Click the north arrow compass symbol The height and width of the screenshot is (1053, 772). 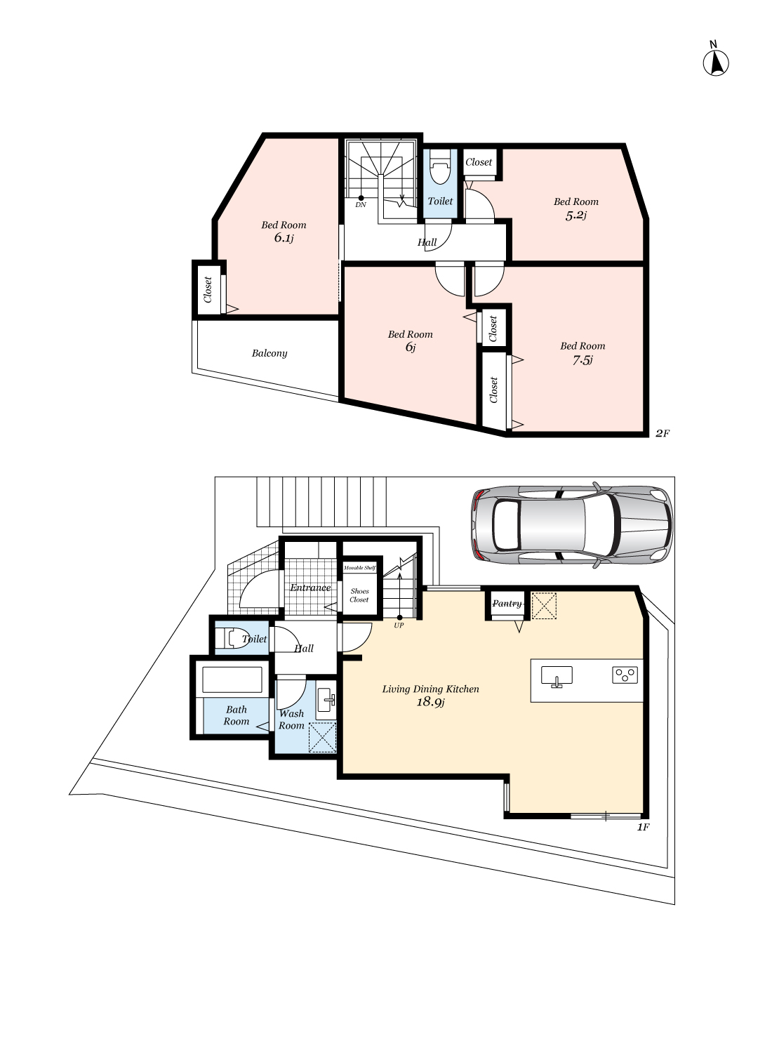[x=716, y=63]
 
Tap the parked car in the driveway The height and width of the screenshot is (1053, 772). [x=571, y=524]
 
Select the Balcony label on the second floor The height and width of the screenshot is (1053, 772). [x=269, y=353]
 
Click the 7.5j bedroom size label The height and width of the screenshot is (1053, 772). [x=583, y=361]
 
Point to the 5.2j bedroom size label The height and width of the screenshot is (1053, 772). [x=575, y=216]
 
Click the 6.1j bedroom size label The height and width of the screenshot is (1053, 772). [x=284, y=239]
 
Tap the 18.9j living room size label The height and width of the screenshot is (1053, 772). [x=430, y=702]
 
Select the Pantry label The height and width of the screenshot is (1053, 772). [x=507, y=604]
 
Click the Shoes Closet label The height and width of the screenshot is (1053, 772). [x=359, y=595]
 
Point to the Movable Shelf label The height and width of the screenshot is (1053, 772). [x=359, y=567]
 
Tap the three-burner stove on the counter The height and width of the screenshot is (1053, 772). [x=625, y=675]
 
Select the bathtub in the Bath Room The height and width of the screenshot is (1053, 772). [x=232, y=680]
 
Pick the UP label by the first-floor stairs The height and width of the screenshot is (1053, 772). [x=399, y=625]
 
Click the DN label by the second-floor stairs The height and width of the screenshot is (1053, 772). [x=360, y=205]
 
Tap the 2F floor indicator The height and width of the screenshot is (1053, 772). [x=663, y=433]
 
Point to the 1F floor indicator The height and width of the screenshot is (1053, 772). [x=643, y=828]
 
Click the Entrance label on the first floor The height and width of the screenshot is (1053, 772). [x=310, y=588]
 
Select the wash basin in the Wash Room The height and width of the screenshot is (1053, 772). [x=326, y=699]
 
